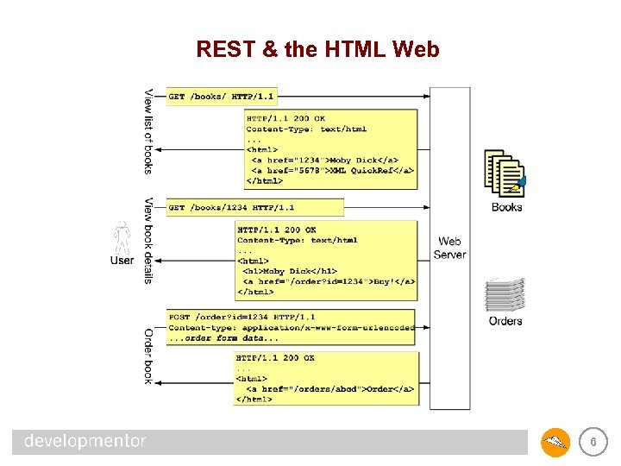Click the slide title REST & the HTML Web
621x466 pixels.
coord(317,49)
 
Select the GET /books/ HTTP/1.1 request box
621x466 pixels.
coord(222,97)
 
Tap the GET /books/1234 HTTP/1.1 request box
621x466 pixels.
coord(254,208)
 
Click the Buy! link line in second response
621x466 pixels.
coord(329,281)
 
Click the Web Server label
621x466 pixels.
coord(449,248)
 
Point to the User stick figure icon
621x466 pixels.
coord(122,236)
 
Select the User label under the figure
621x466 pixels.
coord(122,261)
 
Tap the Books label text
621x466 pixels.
coord(506,207)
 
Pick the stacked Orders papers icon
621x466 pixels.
coord(505,294)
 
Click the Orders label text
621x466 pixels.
coord(505,321)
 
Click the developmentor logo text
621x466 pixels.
coord(85,441)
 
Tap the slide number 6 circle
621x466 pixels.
coord(592,443)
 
